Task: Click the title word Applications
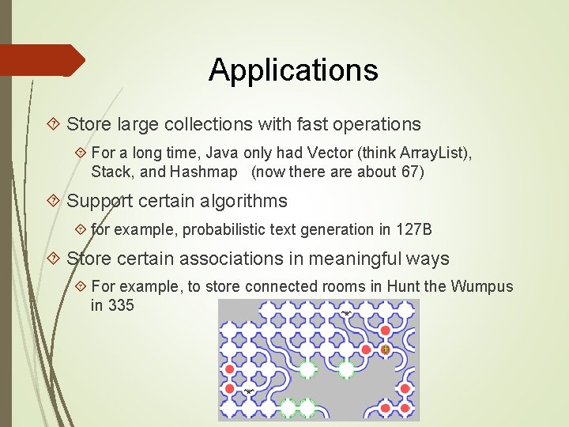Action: pyautogui.click(x=293, y=70)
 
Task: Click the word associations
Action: pyautogui.click(x=221, y=259)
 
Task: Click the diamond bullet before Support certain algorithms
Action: pyautogui.click(x=54, y=201)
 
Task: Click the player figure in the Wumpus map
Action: pyautogui.click(x=386, y=350)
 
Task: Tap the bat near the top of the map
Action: pyautogui.click(x=346, y=314)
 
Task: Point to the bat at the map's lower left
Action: pyautogui.click(x=249, y=391)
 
